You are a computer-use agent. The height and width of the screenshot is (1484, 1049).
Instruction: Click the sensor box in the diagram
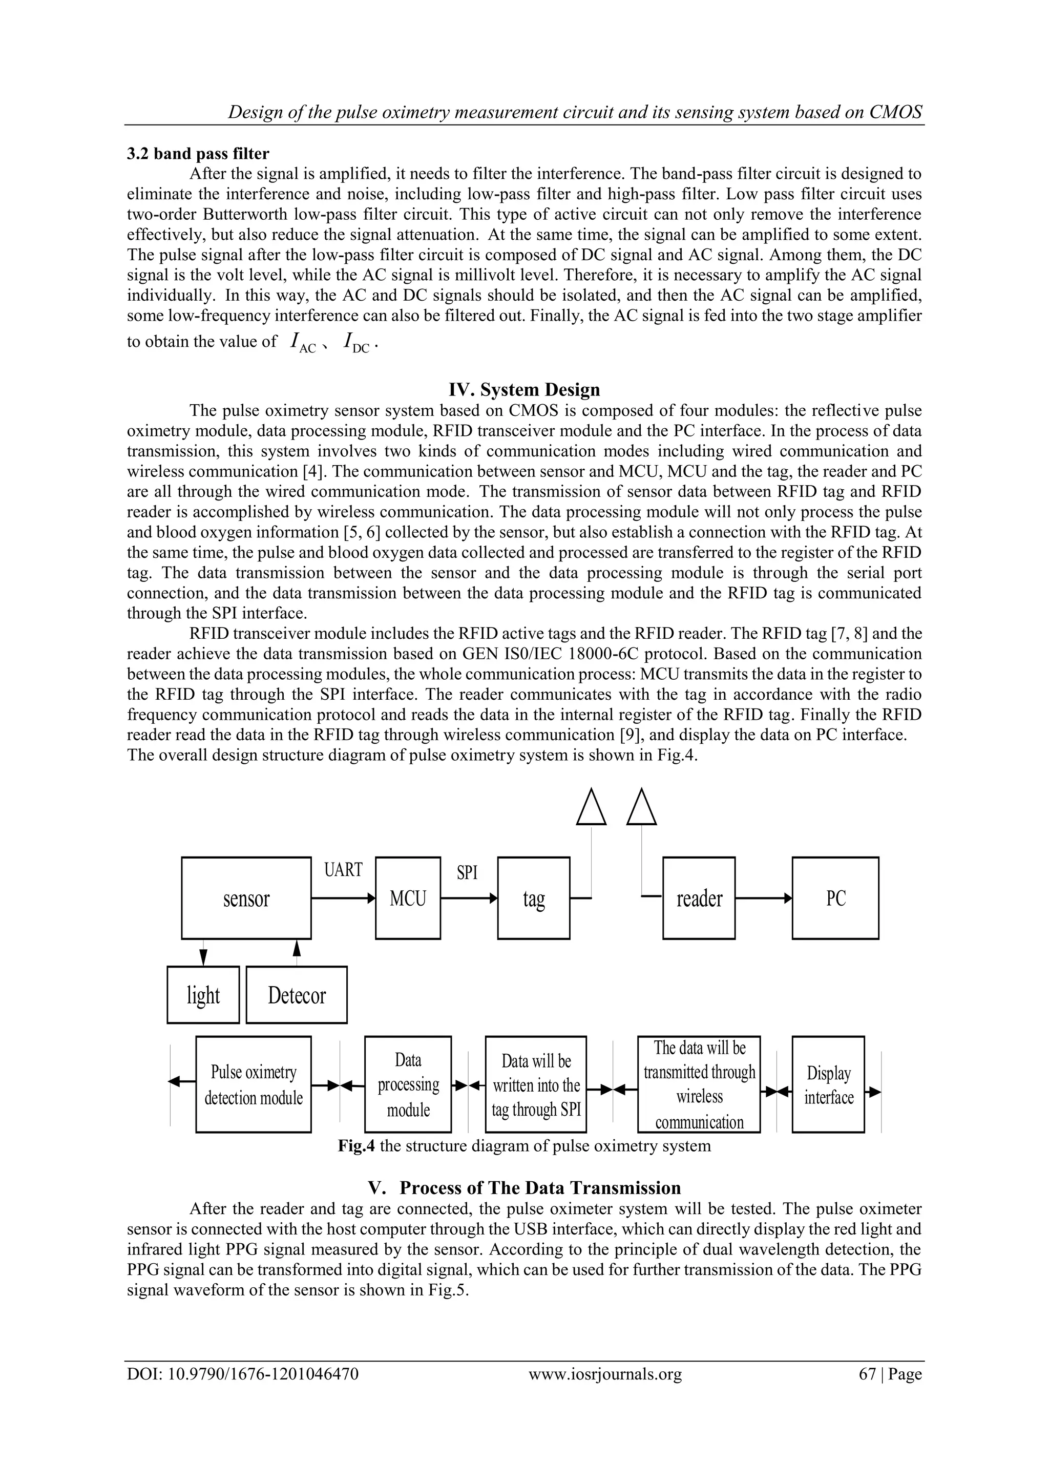[x=246, y=898]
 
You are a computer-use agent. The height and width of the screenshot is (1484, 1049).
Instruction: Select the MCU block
[x=408, y=898]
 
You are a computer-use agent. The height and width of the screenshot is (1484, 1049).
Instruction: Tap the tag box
[x=533, y=898]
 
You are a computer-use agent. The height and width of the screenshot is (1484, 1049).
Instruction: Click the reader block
[x=699, y=898]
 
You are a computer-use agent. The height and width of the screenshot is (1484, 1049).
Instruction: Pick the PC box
[x=835, y=898]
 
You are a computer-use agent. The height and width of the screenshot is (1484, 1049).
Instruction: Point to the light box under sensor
[x=203, y=995]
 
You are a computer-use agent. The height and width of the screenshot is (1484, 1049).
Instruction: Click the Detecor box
[x=297, y=995]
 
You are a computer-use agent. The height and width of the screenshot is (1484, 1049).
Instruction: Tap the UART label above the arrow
[x=343, y=870]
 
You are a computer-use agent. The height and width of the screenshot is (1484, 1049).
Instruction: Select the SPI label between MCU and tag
[x=467, y=872]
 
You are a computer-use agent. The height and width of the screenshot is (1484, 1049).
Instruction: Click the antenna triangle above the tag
[x=592, y=808]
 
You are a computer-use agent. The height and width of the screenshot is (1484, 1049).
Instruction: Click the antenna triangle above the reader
[x=642, y=808]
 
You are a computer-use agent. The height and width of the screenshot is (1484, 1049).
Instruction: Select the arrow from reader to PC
[x=763, y=898]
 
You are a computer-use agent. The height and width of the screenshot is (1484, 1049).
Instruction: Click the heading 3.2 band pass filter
[x=198, y=154]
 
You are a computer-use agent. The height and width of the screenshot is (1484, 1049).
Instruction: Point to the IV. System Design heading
[x=524, y=390]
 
